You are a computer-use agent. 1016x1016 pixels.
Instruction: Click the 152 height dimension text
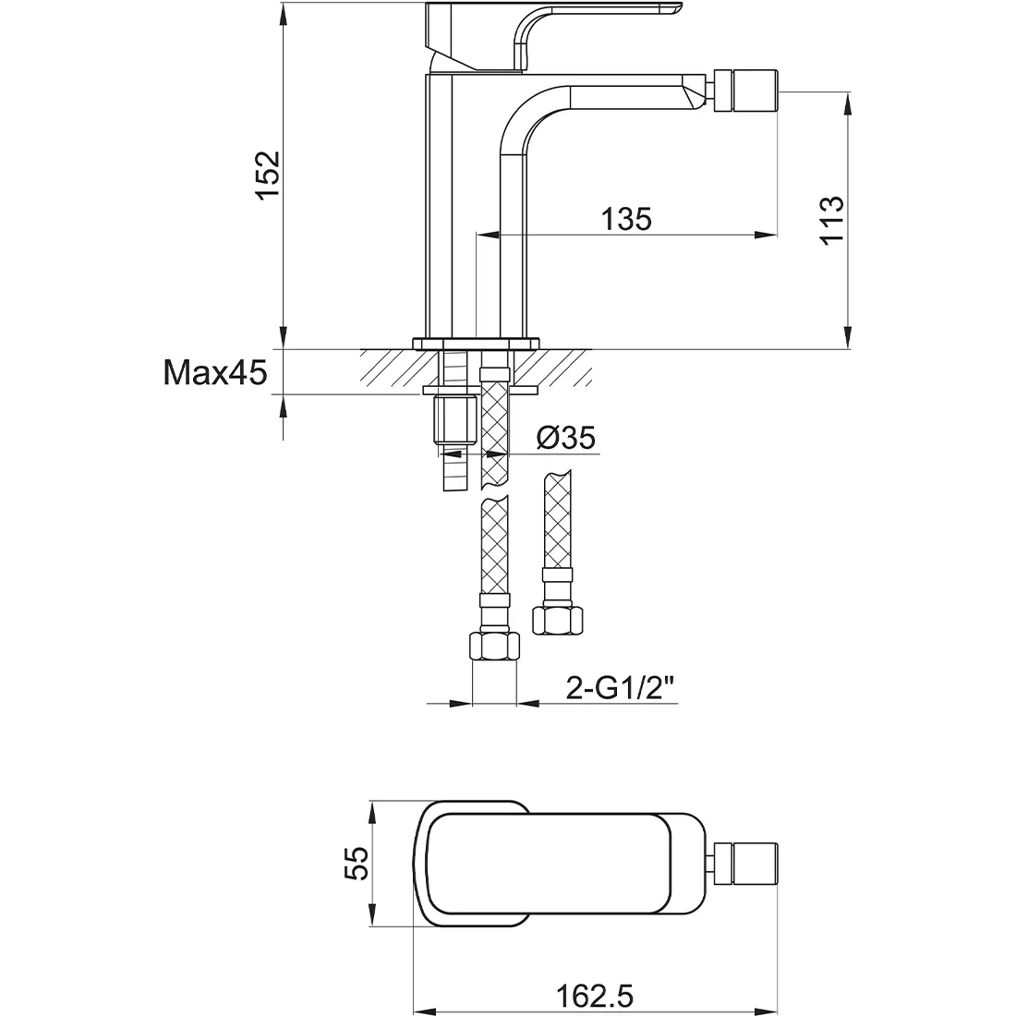[x=268, y=175]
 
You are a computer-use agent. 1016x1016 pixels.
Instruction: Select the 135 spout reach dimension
[x=626, y=219]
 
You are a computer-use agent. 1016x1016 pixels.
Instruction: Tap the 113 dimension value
[x=832, y=221]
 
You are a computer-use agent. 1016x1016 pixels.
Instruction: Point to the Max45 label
[x=215, y=372]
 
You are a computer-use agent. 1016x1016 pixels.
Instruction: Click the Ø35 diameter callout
[x=566, y=438]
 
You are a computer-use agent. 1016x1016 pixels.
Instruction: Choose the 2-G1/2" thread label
[x=621, y=687]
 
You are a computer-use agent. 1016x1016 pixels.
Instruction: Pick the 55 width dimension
[x=356, y=863]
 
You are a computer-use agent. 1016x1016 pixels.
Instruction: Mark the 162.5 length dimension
[x=595, y=996]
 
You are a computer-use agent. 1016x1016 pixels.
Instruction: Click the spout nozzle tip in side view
[x=745, y=91]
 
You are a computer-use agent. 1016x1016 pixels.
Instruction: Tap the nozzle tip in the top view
[x=745, y=863]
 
